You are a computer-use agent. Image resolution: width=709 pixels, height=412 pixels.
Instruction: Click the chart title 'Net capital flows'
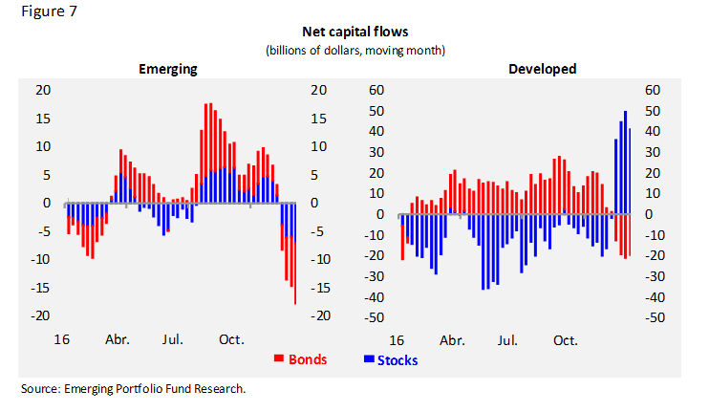(355, 33)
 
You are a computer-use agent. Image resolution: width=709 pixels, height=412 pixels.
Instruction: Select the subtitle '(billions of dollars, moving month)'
(355, 50)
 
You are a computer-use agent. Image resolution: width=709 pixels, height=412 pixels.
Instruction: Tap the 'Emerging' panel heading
(168, 69)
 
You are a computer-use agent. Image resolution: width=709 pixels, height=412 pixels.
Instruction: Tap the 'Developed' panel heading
(542, 69)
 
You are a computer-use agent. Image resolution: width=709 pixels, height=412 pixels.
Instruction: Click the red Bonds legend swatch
(280, 359)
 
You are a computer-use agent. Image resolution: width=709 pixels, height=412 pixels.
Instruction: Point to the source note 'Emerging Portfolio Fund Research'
(133, 389)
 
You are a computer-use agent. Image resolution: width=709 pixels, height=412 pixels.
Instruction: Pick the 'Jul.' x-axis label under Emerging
(174, 339)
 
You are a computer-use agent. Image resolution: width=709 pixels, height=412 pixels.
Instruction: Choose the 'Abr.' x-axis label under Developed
(452, 339)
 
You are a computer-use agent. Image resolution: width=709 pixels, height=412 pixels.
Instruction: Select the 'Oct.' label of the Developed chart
(565, 339)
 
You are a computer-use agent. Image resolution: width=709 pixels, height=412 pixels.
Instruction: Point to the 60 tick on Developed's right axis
(655, 90)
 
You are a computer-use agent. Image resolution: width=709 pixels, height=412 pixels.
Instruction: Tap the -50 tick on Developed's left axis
(375, 317)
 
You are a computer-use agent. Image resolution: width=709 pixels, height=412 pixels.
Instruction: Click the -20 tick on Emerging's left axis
(38, 315)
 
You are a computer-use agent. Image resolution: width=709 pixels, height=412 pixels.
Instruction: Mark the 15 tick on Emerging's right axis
(318, 119)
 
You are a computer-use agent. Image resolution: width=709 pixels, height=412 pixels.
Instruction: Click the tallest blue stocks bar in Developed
(625, 163)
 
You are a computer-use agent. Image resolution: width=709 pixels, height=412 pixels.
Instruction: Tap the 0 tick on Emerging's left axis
(44, 203)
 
